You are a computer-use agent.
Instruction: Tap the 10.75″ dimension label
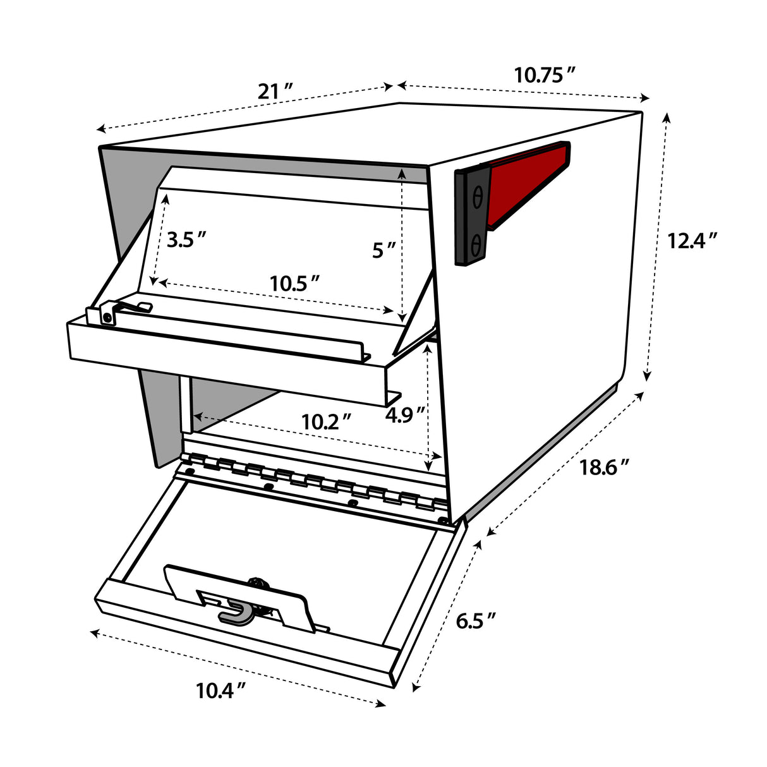tap(544, 75)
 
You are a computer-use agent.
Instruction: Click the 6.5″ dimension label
tap(476, 622)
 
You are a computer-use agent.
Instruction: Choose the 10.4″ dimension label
tap(220, 691)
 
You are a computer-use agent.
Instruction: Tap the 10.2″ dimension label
tap(326, 421)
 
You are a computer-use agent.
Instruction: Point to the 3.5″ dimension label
tap(186, 240)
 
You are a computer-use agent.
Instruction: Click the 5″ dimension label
tap(383, 251)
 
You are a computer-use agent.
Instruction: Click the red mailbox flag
tap(529, 183)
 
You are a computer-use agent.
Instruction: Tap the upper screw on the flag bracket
tap(477, 198)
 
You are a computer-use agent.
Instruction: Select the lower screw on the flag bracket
tap(477, 242)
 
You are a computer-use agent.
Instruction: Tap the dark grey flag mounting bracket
tap(471, 218)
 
